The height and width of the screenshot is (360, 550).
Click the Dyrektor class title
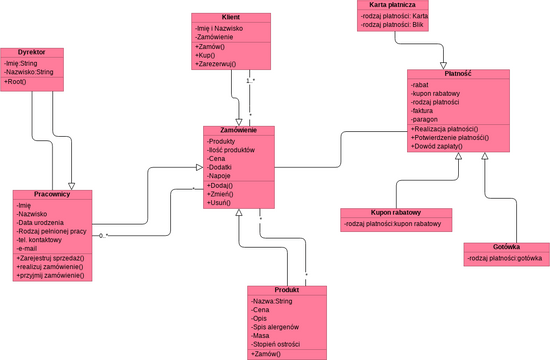point(33,52)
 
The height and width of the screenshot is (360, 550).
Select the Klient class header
point(231,18)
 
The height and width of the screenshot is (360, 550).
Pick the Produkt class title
point(287,289)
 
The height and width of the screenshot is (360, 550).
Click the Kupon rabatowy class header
point(394,213)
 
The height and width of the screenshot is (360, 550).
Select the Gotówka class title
point(506,246)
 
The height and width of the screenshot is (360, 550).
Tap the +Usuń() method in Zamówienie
point(220,202)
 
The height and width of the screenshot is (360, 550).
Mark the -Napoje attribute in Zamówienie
point(221,175)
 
